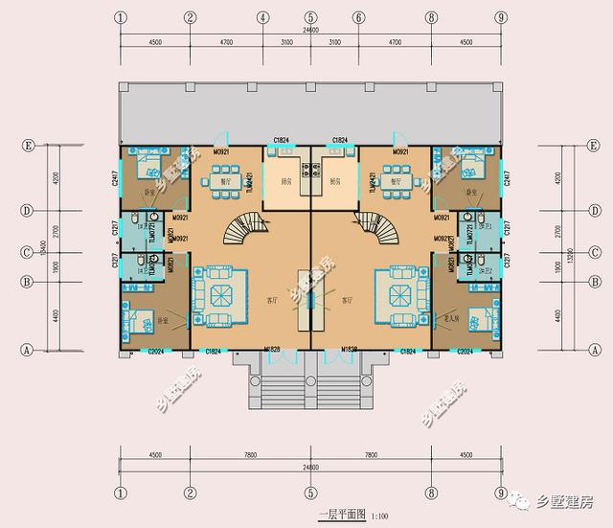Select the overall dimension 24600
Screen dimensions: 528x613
[310, 31]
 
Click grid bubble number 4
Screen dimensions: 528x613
[262, 17]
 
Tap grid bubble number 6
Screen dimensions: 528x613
[358, 17]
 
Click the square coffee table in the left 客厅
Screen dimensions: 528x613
[221, 292]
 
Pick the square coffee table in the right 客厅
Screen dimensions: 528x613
[398, 292]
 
